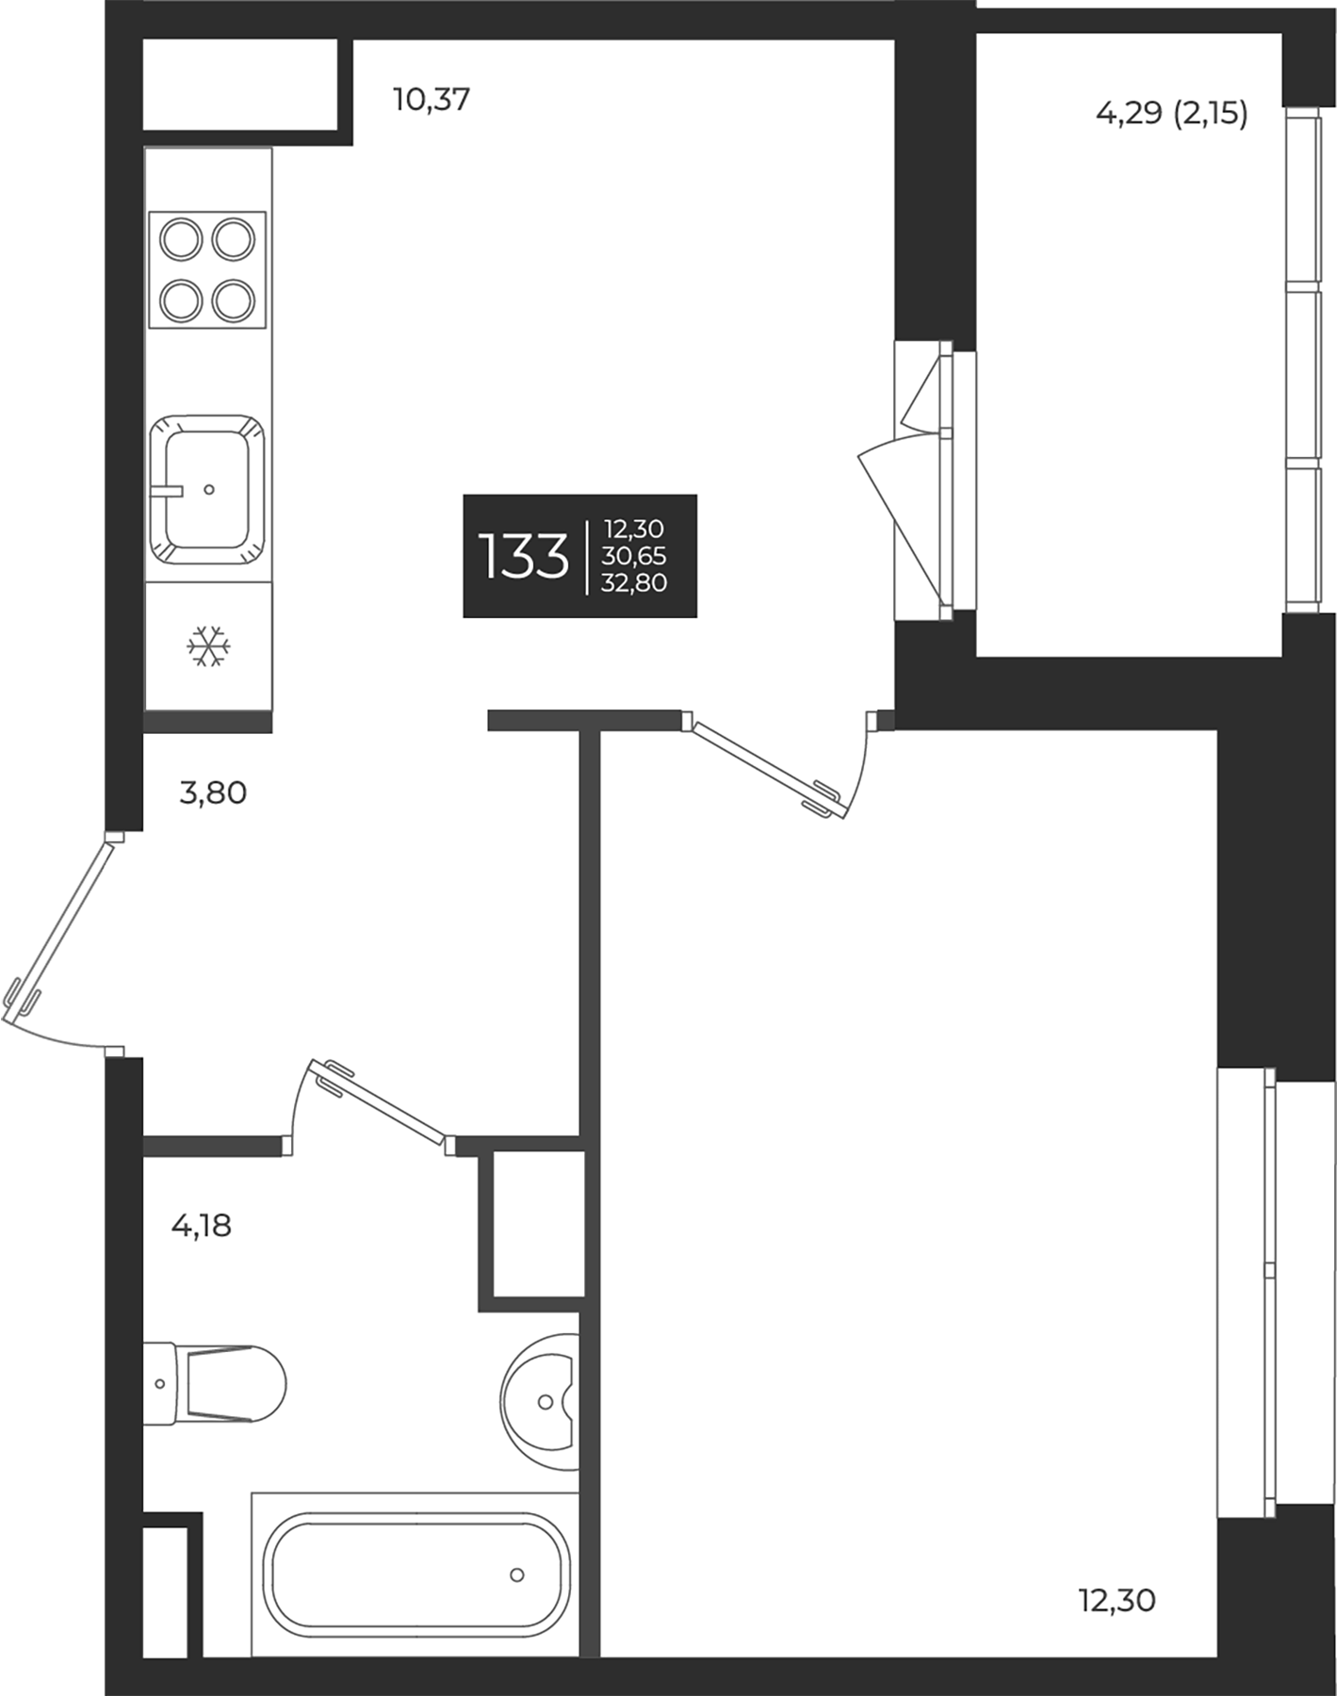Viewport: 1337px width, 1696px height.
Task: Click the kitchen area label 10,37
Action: tap(432, 99)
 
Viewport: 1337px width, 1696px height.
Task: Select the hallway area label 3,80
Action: tap(213, 793)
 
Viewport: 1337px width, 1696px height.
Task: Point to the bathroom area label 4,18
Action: tap(201, 1226)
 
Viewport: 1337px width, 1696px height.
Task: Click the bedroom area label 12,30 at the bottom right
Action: tap(1117, 1600)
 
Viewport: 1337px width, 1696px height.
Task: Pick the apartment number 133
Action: tap(524, 556)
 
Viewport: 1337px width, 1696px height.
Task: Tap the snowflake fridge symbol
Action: tap(208, 646)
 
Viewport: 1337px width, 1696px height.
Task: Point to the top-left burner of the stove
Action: tap(181, 239)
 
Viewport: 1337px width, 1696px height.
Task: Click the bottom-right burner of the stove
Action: tap(235, 302)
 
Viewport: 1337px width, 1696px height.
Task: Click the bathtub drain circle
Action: tap(516, 1574)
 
